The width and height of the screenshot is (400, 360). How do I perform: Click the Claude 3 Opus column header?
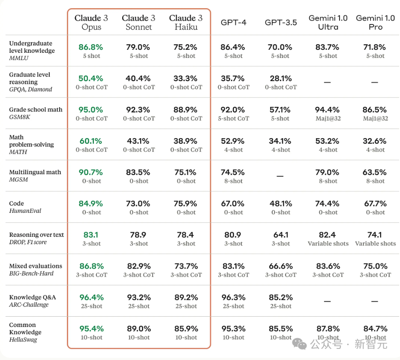click(91, 22)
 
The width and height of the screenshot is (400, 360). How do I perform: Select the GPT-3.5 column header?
click(281, 22)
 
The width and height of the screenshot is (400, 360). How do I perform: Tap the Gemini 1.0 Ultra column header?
click(328, 22)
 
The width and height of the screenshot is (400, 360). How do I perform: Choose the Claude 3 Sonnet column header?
click(138, 22)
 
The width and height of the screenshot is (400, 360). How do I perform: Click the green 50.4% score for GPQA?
click(91, 79)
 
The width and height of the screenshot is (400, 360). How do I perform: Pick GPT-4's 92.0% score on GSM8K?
click(233, 110)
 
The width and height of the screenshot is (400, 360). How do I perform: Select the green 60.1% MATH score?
click(91, 141)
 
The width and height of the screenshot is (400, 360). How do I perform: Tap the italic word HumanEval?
click(25, 211)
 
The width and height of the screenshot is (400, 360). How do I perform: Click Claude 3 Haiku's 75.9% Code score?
click(186, 204)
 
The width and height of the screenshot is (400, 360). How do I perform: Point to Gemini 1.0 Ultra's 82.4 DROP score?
click(328, 235)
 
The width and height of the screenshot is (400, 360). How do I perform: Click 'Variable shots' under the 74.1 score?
click(375, 244)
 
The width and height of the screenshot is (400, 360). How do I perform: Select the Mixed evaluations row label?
click(36, 266)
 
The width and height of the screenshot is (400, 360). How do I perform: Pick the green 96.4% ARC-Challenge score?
click(91, 297)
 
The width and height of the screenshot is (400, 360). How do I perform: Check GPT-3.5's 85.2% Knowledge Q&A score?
click(281, 297)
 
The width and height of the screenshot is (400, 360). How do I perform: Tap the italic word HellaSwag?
click(23, 340)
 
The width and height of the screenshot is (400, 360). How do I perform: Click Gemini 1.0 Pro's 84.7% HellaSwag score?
click(375, 329)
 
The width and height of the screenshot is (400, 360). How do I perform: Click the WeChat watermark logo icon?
click(299, 344)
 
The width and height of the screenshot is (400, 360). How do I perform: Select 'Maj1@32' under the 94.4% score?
click(328, 118)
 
